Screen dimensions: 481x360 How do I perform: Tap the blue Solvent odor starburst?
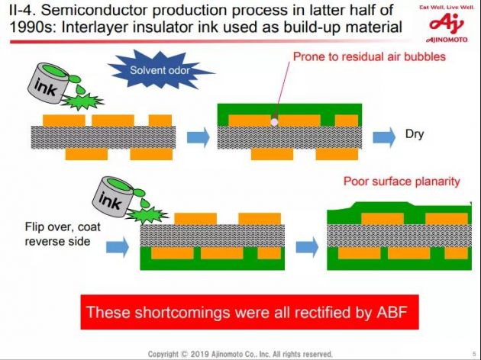point(160,69)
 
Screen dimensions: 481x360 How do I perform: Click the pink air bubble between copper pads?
point(274,122)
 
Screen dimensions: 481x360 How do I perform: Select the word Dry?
point(415,134)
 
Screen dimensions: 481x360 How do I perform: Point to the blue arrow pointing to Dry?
point(384,137)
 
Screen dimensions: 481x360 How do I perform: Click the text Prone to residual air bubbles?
point(369,56)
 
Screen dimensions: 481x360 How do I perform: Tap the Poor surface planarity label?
point(402,181)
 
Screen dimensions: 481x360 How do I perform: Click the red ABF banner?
point(250,312)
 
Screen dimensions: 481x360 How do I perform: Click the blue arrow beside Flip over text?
point(118,246)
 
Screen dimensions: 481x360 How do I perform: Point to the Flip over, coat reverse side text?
point(63,233)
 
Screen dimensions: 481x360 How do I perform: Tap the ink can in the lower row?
point(114,196)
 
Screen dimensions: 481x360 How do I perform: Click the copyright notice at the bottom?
point(240,354)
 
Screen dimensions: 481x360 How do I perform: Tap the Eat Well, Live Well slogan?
point(447,7)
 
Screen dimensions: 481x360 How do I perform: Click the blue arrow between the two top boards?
point(199,137)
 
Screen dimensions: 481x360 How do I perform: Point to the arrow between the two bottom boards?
point(307,246)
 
